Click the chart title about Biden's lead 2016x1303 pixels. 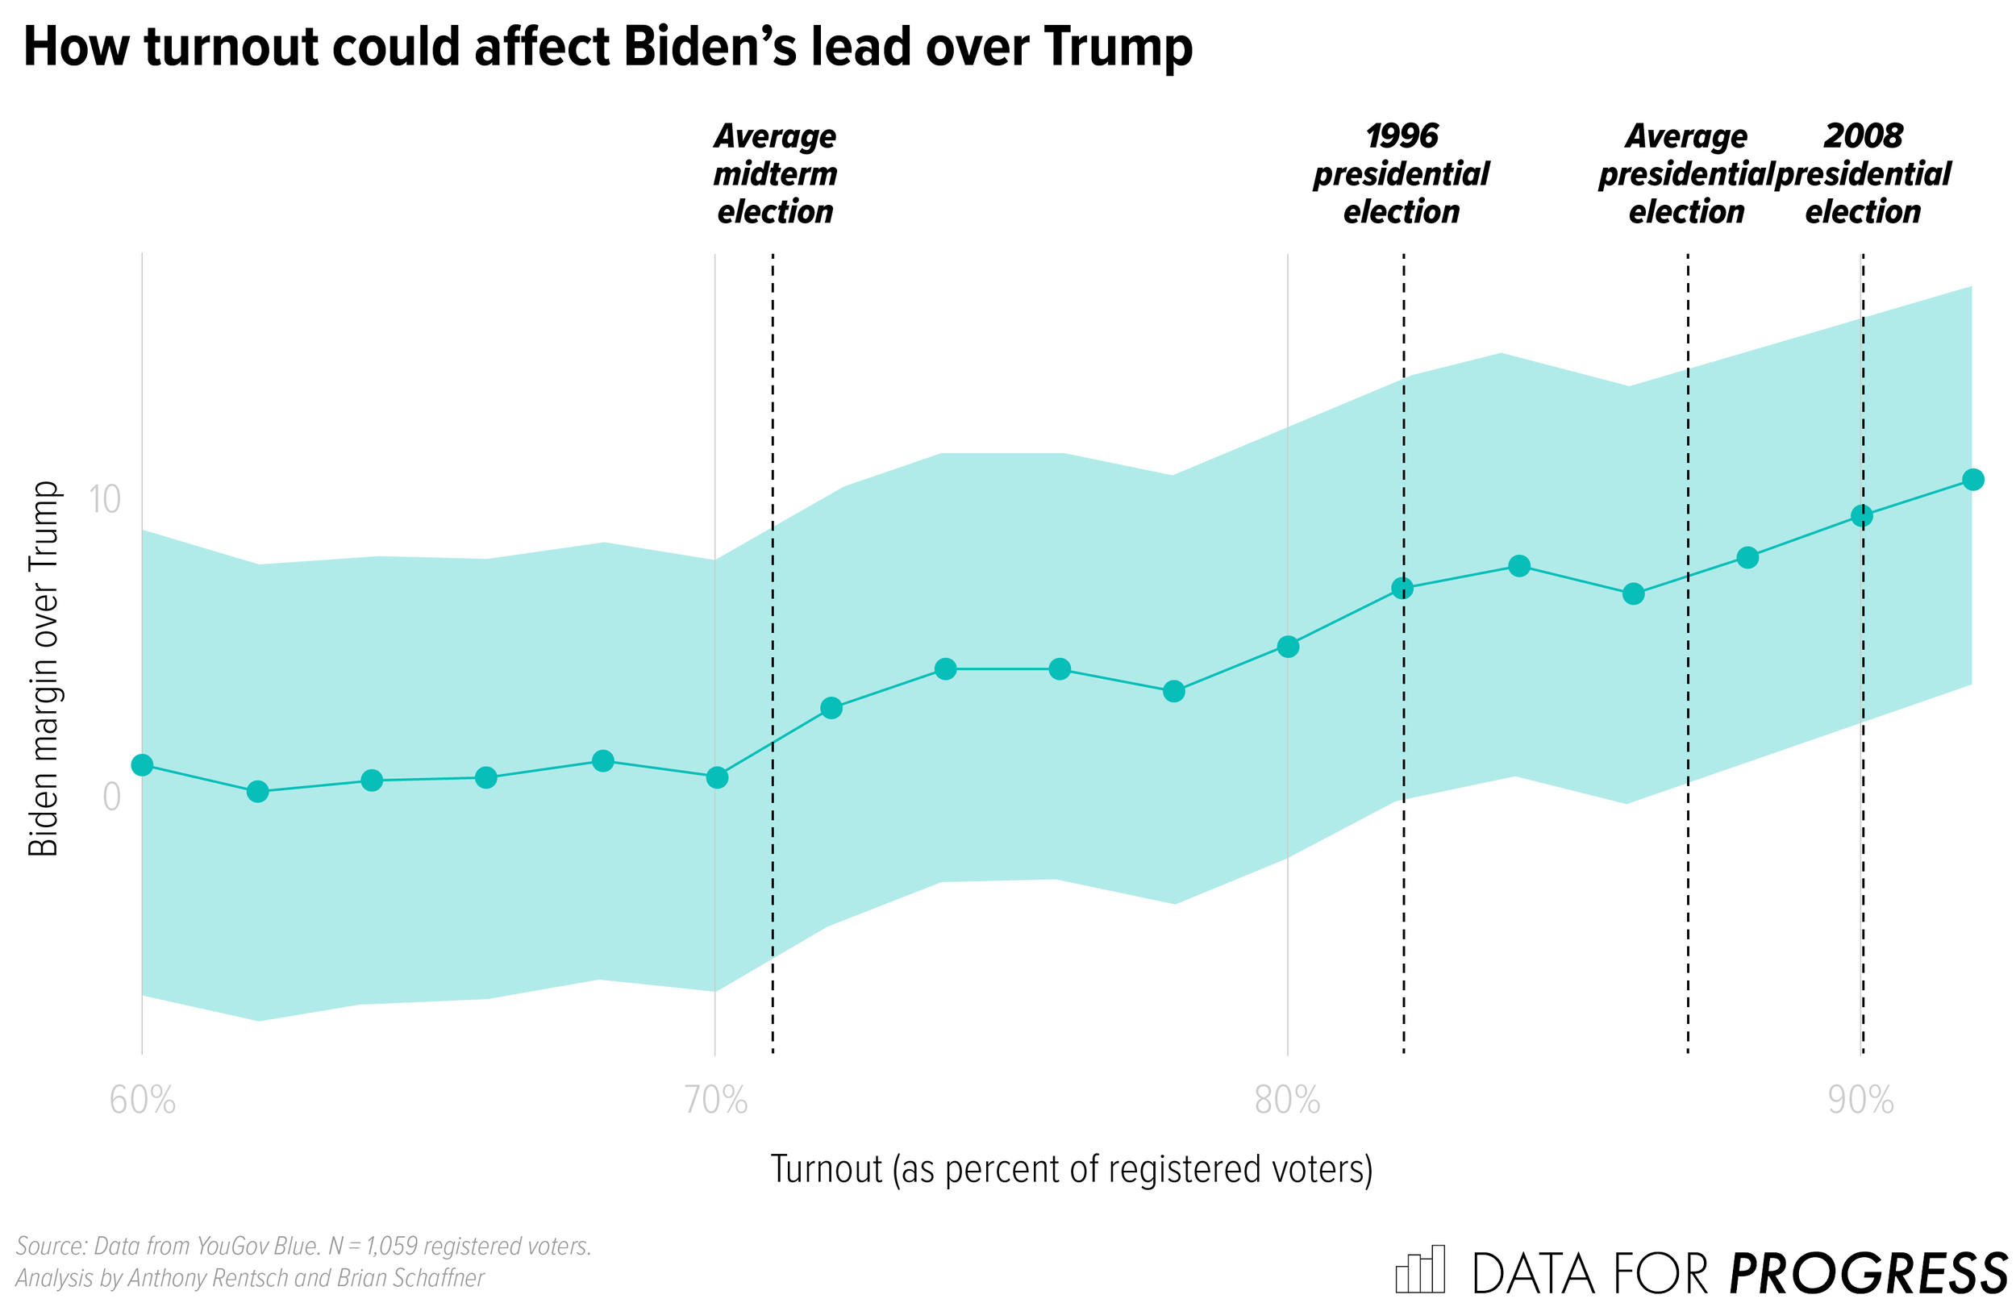[606, 47]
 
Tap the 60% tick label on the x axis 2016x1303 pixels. [142, 1101]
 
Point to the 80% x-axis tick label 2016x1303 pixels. [1287, 1101]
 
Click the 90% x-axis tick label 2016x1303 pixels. [1860, 1101]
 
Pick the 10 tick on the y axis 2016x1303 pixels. [104, 499]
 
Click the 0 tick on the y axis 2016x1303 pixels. [110, 797]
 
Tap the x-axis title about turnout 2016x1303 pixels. [1071, 1169]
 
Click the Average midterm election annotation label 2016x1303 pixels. [775, 173]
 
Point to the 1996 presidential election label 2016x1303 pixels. [1401, 173]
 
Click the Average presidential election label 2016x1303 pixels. [1685, 173]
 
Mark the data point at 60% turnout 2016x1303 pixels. [142, 765]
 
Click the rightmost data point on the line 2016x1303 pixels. [1972, 480]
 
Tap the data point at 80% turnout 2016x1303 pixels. [1288, 647]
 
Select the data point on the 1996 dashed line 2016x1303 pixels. [1402, 588]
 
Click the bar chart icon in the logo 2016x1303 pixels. [1419, 1269]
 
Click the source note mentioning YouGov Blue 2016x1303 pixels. [303, 1247]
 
